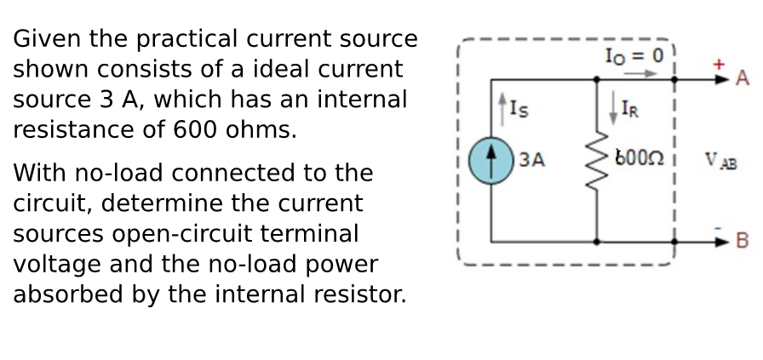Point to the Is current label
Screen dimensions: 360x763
pyautogui.click(x=513, y=107)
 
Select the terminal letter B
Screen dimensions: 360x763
pyautogui.click(x=742, y=241)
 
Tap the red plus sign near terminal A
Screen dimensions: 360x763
pyautogui.click(x=719, y=64)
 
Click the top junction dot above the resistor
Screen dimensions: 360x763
pyautogui.click(x=596, y=79)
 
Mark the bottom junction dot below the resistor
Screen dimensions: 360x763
pyautogui.click(x=596, y=242)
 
